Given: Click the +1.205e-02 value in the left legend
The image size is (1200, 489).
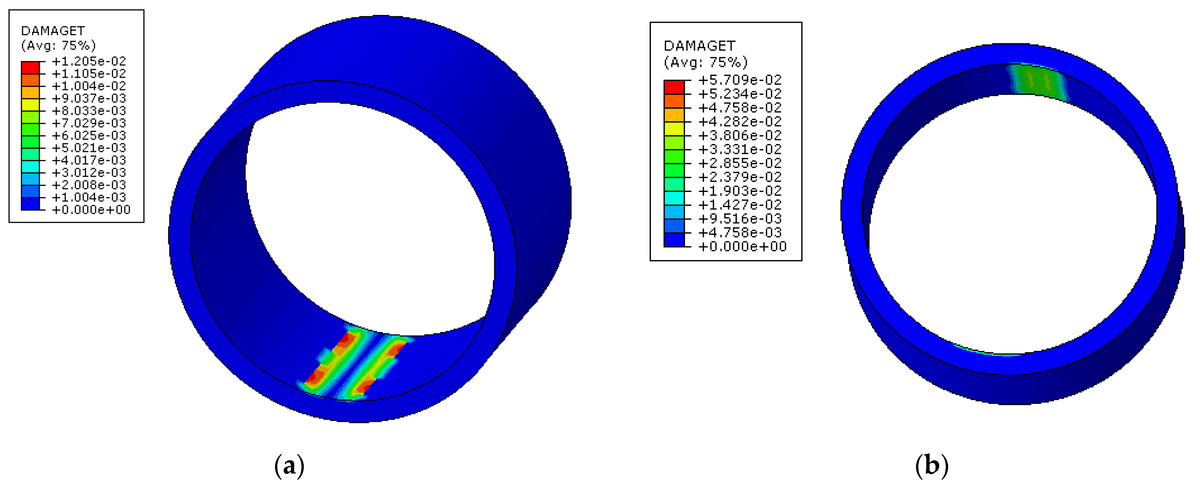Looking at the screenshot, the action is click(x=89, y=61).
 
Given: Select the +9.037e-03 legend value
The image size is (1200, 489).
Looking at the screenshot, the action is click(x=89, y=98).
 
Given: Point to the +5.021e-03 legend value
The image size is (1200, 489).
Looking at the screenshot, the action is click(x=89, y=148).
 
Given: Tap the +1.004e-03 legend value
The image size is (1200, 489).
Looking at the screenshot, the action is click(x=89, y=197).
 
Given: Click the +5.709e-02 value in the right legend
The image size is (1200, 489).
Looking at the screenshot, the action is click(x=740, y=80).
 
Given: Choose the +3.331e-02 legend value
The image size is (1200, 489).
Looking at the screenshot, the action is click(x=740, y=149).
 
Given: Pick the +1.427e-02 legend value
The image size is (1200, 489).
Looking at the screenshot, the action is click(x=740, y=205).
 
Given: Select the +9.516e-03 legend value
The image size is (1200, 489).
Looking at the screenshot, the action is click(x=740, y=219).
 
